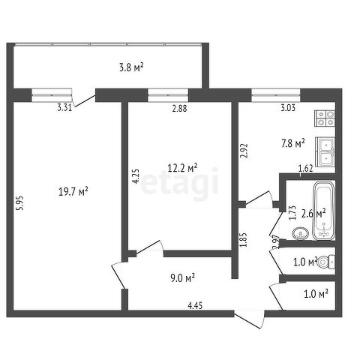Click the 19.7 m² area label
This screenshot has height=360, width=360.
[x=73, y=192]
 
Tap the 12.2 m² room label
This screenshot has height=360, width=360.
[x=182, y=168]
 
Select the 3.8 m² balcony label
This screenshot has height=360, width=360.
[x=131, y=67]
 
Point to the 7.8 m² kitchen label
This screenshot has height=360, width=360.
[x=293, y=144]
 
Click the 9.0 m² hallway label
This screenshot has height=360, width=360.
[x=183, y=277]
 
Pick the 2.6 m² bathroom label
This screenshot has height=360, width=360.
[x=313, y=214]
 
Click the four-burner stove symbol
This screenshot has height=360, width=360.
[x=325, y=118]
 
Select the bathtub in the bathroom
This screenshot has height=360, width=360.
[x=324, y=211]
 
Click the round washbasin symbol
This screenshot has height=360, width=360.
[x=300, y=233]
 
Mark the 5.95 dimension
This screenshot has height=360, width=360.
[x=20, y=202]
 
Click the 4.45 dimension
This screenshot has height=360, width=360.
[x=195, y=305]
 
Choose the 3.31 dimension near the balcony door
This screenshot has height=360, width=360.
[x=64, y=108]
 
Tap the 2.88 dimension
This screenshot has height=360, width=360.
[x=179, y=109]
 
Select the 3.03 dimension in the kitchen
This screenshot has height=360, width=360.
[x=288, y=108]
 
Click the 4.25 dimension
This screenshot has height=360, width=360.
[x=136, y=176]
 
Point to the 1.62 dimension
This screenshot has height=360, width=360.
[x=305, y=169]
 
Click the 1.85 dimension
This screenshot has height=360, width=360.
[x=243, y=240]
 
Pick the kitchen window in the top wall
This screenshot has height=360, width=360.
[x=276, y=95]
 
